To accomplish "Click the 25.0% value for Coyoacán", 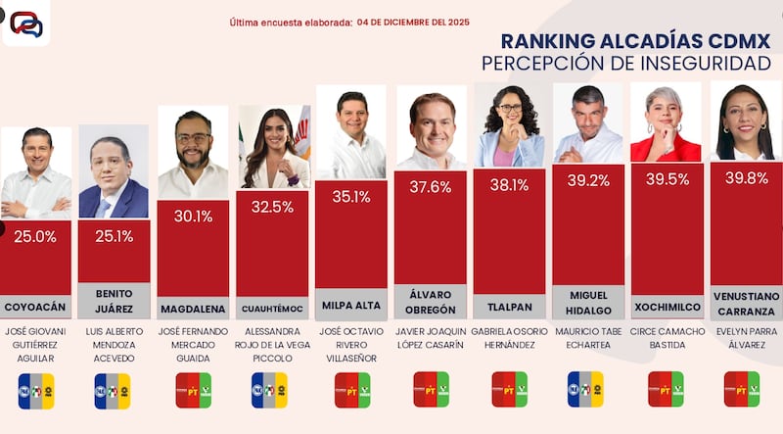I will coord(35,237).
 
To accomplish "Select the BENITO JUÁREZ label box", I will coord(114,300).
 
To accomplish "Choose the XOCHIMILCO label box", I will coord(667,306).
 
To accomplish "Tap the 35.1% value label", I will coord(350,197).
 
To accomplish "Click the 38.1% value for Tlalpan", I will coord(508,185).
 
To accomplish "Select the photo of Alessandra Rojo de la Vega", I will coord(273,147).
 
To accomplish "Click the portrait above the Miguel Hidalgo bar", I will coord(587,123).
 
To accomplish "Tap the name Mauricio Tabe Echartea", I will coord(587,338).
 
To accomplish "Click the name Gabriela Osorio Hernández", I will coord(508,338).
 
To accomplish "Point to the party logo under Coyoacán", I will coord(36,390).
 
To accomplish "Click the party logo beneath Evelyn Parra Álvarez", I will coord(745,388).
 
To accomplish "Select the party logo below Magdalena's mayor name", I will coord(193,389).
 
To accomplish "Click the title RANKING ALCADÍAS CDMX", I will coord(635,41).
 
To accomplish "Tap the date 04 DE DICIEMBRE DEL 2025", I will coord(415,21).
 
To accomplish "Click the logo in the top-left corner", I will coord(24,24).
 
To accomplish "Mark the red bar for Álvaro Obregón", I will coord(430,235).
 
